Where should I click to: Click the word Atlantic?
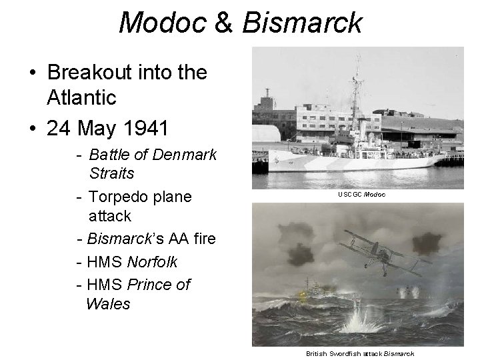pyautogui.click(x=82, y=98)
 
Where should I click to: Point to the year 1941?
pyautogui.click(x=147, y=125)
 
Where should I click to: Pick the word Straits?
pyautogui.click(x=111, y=173)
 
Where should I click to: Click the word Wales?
pyautogui.click(x=108, y=304)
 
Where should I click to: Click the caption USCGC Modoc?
pyautogui.click(x=361, y=194)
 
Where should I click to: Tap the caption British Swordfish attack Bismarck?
pyautogui.click(x=361, y=353)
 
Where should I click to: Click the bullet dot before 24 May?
pyautogui.click(x=32, y=126)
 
